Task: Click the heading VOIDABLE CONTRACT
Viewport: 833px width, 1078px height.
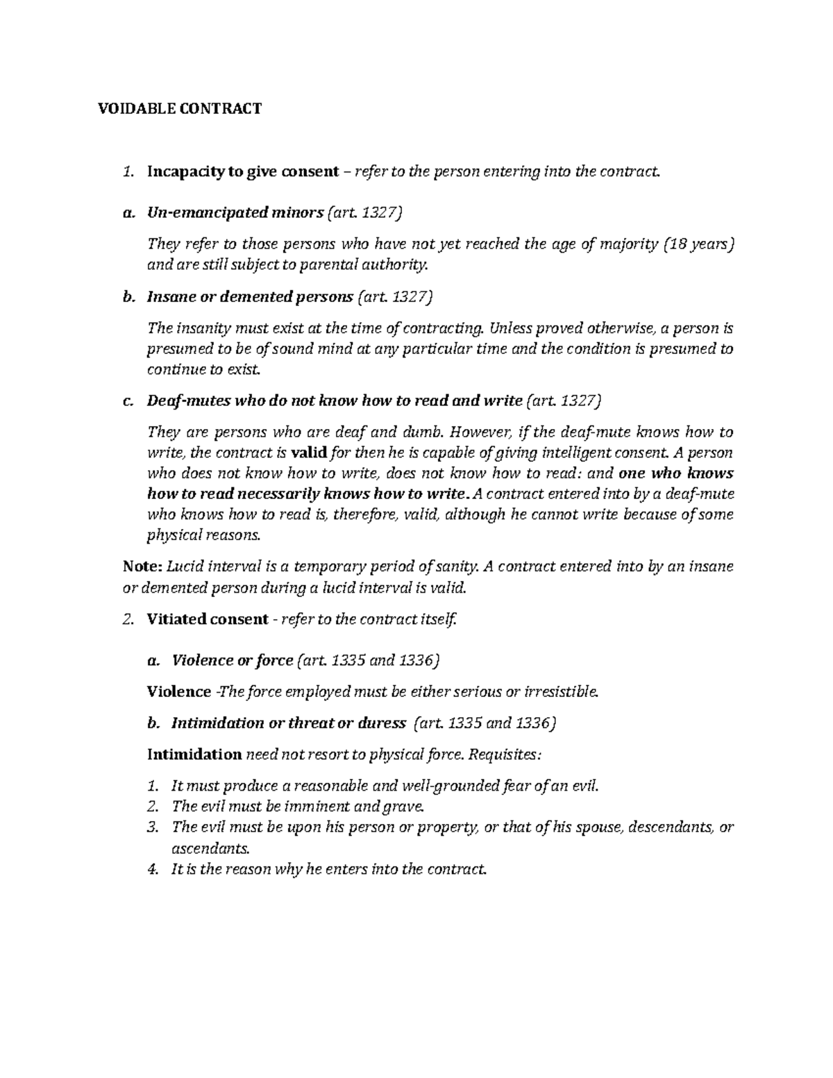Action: pyautogui.click(x=178, y=108)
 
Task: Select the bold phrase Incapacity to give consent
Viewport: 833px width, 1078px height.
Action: pyautogui.click(x=243, y=171)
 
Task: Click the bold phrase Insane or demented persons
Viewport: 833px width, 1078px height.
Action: pyautogui.click(x=250, y=297)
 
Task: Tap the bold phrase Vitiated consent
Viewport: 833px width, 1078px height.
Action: pyautogui.click(x=207, y=619)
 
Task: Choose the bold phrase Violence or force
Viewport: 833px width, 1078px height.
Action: pyautogui.click(x=232, y=661)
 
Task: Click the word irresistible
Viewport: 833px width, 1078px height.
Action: pyautogui.click(x=559, y=692)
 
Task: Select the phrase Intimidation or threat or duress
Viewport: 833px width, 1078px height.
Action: pyautogui.click(x=288, y=723)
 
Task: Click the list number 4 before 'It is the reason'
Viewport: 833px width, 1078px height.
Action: pyautogui.click(x=153, y=870)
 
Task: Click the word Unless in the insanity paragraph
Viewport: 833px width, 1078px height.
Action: pyautogui.click(x=510, y=328)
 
